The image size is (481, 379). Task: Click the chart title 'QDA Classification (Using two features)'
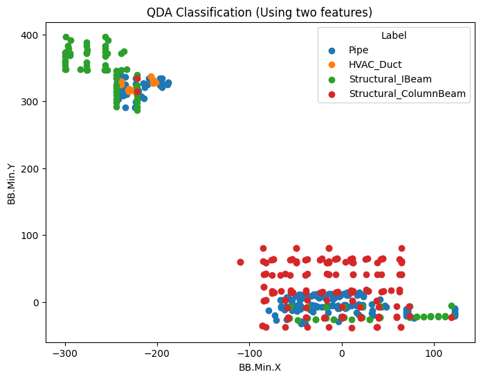click(x=260, y=12)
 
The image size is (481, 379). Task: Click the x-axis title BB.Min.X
click(x=260, y=367)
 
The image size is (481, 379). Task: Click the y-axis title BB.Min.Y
click(x=12, y=184)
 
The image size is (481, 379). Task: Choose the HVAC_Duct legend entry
click(x=374, y=64)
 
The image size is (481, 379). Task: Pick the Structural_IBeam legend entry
click(x=385, y=79)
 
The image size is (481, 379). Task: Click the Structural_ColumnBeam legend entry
click(x=398, y=94)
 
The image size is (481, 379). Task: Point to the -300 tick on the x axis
click(x=65, y=353)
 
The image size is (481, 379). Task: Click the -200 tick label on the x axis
click(x=157, y=353)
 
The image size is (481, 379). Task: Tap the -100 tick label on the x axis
click(x=249, y=353)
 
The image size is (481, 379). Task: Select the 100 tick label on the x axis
click(x=433, y=353)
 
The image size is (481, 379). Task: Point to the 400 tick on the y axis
click(x=32, y=35)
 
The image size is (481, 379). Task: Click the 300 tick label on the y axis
click(x=32, y=102)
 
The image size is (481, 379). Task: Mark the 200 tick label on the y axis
click(x=32, y=169)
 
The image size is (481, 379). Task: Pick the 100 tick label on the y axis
click(x=32, y=236)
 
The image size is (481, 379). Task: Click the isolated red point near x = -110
click(x=240, y=262)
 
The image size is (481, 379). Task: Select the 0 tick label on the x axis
click(x=341, y=353)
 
